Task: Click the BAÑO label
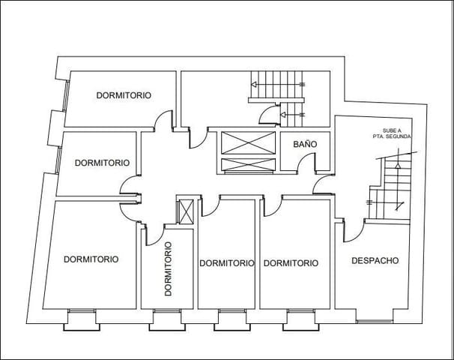pos(302,143)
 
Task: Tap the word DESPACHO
pos(375,261)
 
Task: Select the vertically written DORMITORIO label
pos(167,268)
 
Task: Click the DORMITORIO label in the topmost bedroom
pos(124,95)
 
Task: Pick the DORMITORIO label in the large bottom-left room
pos(91,259)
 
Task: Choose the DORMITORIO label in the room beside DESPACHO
pos(291,263)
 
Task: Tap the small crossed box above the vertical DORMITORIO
pos(185,211)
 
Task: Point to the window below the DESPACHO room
pos(374,318)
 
